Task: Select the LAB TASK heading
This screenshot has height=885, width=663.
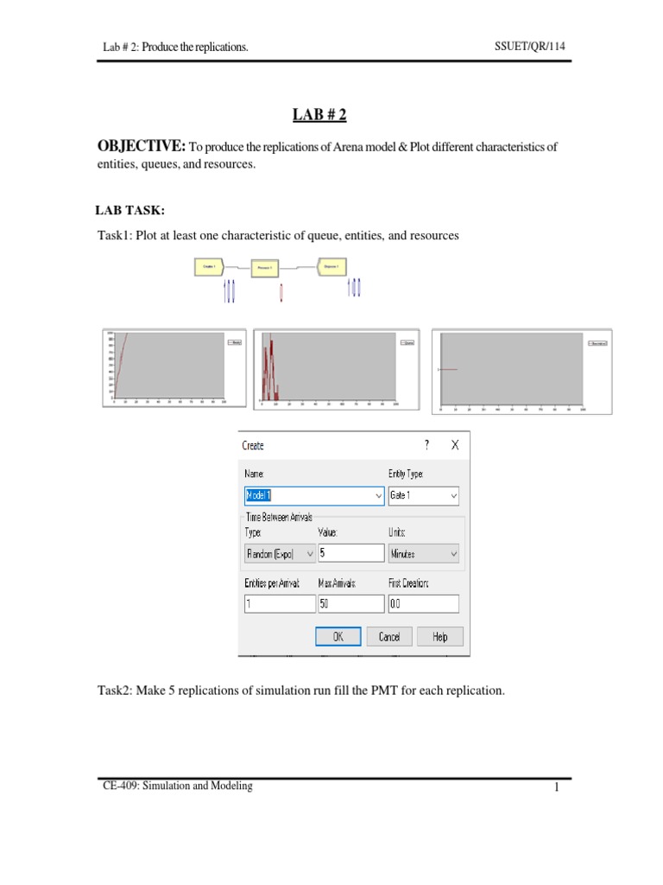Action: [x=129, y=209]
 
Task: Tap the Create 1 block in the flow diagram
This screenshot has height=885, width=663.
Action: [x=208, y=267]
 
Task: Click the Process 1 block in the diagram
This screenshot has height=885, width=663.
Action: [x=265, y=269]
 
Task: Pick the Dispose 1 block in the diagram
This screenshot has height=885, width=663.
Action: [x=331, y=266]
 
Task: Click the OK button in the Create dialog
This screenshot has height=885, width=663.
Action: [x=338, y=637]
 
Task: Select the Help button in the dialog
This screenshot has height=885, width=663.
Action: [x=440, y=637]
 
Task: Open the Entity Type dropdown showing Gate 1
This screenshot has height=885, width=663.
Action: [x=424, y=496]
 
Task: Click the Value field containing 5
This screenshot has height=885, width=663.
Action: [x=350, y=553]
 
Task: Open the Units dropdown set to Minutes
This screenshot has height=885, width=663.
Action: [x=424, y=553]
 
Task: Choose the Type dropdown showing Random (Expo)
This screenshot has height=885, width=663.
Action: [x=278, y=553]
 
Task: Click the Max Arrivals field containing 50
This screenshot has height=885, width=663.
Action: [x=350, y=604]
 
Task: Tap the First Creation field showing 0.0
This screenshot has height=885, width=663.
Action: [x=424, y=604]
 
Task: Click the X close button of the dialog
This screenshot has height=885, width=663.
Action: [x=454, y=445]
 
